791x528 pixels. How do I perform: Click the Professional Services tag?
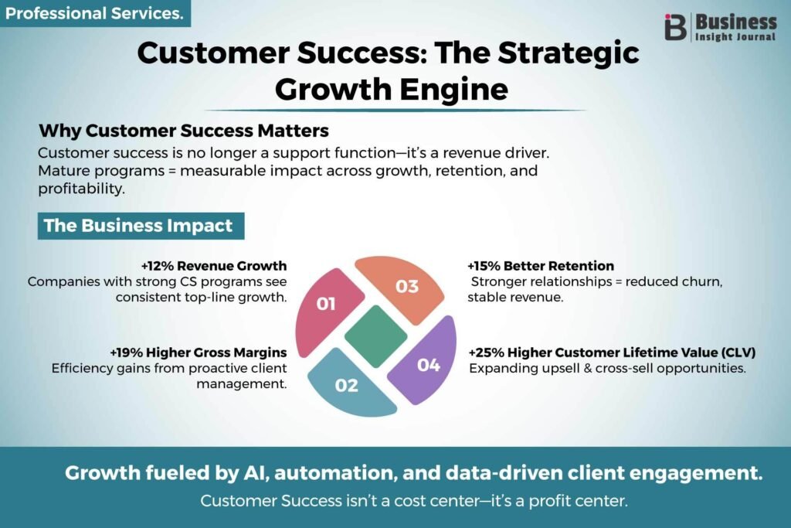[95, 13]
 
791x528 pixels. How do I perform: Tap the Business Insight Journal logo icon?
[675, 27]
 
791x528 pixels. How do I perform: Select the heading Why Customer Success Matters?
[184, 131]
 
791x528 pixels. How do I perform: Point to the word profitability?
[81, 189]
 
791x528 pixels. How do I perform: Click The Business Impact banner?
[141, 226]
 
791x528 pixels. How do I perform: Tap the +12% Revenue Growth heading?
[214, 265]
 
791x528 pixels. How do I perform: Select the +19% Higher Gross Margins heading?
[199, 353]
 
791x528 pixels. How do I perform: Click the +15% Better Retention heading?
[541, 265]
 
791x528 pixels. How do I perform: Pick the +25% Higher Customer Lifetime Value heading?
[613, 353]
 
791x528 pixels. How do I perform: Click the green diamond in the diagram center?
[376, 336]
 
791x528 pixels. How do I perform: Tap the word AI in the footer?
[255, 473]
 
